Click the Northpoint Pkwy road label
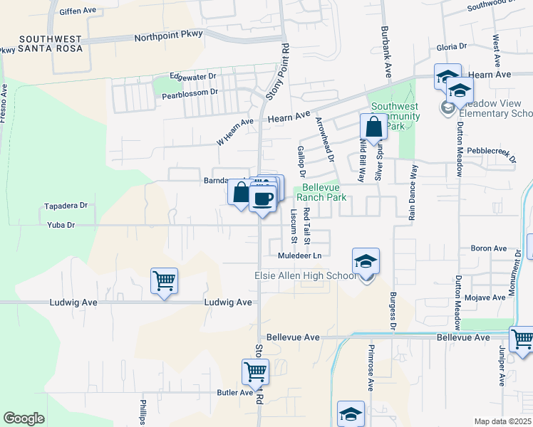[x=168, y=34]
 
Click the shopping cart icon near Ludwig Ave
[x=164, y=281]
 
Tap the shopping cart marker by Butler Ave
[x=255, y=371]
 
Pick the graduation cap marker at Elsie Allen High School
[x=366, y=262]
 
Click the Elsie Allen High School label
[x=305, y=275]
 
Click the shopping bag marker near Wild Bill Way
[x=373, y=128]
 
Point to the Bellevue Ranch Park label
[x=321, y=192]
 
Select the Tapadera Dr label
[x=65, y=205]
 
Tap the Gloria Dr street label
[x=451, y=46]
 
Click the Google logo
[x=24, y=418]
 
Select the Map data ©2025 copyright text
[x=503, y=421]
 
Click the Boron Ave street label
[x=488, y=248]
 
